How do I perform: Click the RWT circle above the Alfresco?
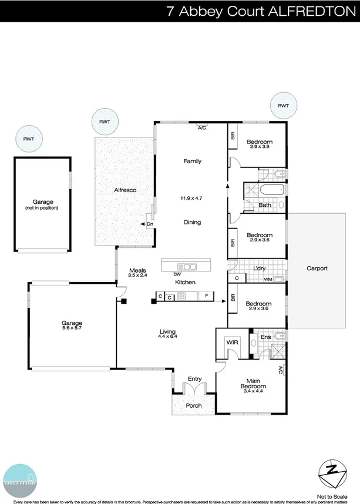[105, 122]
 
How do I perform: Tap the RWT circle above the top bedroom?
[283, 105]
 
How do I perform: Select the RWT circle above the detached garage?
[28, 139]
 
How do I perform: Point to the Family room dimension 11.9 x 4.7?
[191, 199]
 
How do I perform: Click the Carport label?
[317, 268]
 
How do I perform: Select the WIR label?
[231, 341]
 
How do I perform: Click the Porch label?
[194, 405]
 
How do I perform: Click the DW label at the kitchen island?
[177, 274]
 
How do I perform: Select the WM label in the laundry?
[268, 279]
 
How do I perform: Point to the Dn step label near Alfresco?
[150, 224]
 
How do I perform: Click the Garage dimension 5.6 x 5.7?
[72, 328]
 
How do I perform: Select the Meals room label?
[137, 270]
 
